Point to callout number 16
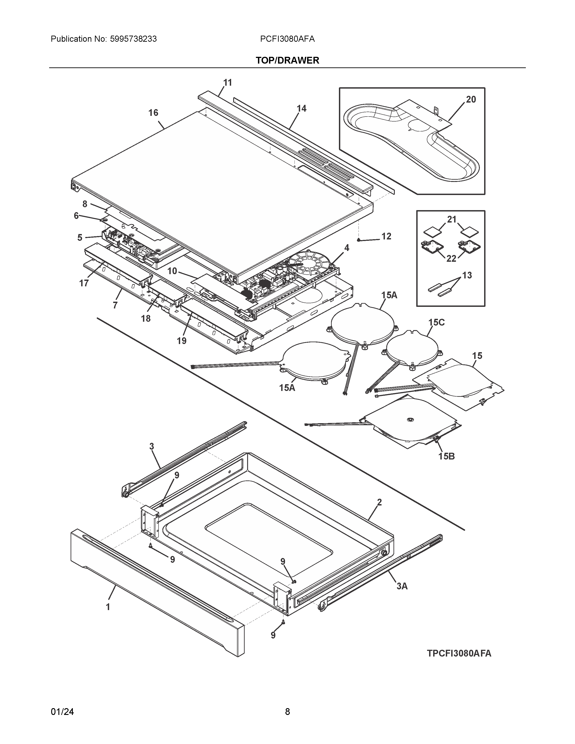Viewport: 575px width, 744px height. (153, 113)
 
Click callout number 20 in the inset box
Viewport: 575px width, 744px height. (471, 99)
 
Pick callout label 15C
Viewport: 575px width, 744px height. (436, 322)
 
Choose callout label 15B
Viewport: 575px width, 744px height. (446, 456)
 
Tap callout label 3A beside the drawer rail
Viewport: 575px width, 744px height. (402, 586)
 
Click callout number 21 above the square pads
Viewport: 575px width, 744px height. (452, 220)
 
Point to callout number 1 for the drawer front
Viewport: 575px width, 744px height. (108, 607)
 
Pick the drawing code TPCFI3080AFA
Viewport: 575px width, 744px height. (459, 653)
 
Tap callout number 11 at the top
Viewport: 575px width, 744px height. (228, 83)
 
